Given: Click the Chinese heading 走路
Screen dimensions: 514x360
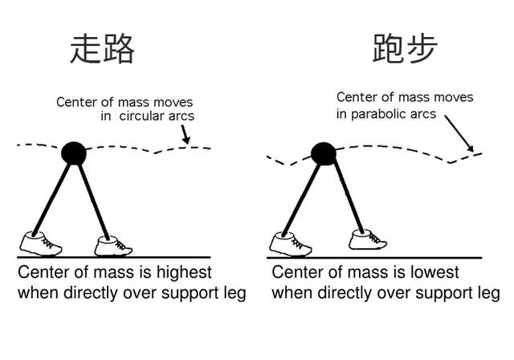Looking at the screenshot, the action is pyautogui.click(x=102, y=48).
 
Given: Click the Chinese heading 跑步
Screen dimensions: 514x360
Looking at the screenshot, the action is pyautogui.click(x=405, y=48).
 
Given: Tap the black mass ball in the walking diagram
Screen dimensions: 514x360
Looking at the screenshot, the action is pyautogui.click(x=74, y=153).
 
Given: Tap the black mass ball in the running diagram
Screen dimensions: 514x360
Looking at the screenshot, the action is pyautogui.click(x=324, y=153).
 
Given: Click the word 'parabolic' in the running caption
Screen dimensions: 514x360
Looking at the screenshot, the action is pyautogui.click(x=380, y=114).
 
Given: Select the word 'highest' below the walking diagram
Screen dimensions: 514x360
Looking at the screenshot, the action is pyautogui.click(x=184, y=272).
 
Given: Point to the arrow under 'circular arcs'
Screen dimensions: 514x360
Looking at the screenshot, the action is pyautogui.click(x=185, y=134).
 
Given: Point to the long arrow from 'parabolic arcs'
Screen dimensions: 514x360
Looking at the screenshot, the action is pyautogui.click(x=459, y=133).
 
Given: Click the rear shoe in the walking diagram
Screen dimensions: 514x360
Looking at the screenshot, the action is pyautogui.click(x=41, y=243).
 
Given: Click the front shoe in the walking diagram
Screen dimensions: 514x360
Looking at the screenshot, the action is pyautogui.click(x=113, y=246).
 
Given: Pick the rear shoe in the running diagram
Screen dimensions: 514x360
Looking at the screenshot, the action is pyautogui.click(x=291, y=244).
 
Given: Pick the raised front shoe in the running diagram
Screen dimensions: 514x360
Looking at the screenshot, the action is pyautogui.click(x=368, y=239).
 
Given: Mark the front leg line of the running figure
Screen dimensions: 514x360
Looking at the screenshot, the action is pyautogui.click(x=349, y=198).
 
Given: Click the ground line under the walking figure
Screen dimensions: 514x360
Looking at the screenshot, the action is pyautogui.click(x=114, y=257).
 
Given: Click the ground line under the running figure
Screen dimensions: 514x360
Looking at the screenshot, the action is pyautogui.click(x=374, y=258).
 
